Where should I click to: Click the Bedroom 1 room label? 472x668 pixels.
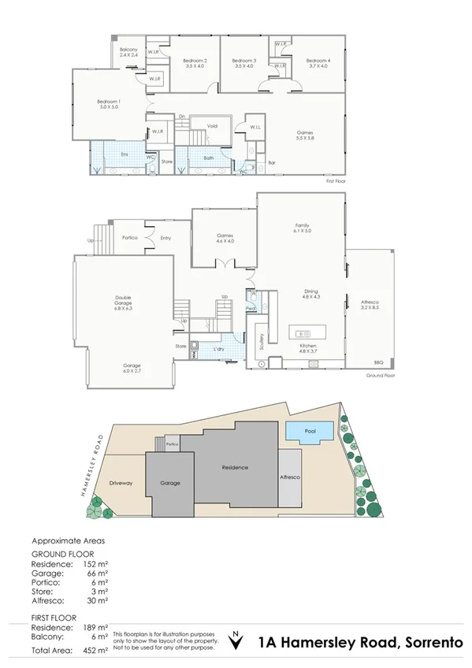[109, 102]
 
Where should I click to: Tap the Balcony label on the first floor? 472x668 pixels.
[128, 50]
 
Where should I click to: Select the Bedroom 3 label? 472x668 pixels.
[245, 61]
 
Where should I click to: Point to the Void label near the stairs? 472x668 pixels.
[212, 125]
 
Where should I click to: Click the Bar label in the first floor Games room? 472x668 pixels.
[272, 163]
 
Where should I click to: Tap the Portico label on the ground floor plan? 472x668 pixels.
[131, 237]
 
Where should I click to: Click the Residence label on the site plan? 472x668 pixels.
[234, 468]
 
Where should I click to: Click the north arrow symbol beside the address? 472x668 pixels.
[235, 640]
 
